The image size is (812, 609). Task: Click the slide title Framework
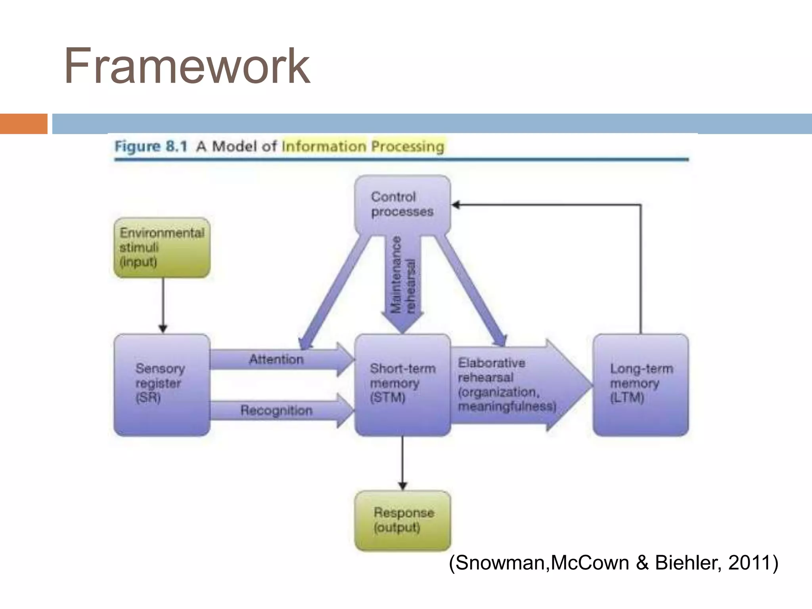click(x=187, y=66)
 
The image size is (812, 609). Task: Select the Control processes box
click(x=402, y=204)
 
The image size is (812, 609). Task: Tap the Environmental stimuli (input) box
click(x=162, y=247)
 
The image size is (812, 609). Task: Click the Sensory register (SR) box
click(x=162, y=384)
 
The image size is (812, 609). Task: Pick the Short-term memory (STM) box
click(x=402, y=384)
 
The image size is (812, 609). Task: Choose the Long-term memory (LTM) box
click(x=641, y=384)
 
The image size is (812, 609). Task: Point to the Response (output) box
click(x=402, y=520)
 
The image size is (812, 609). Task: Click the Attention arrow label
click(x=276, y=360)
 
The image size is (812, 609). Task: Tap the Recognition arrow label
click(x=276, y=410)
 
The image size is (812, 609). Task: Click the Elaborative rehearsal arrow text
click(x=507, y=384)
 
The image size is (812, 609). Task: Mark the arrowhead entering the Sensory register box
click(x=163, y=329)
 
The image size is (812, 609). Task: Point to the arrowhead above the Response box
click(x=402, y=486)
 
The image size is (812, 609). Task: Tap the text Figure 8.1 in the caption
click(x=151, y=147)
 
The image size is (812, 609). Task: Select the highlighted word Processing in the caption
click(x=408, y=147)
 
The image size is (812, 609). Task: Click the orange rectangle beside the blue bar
click(x=23, y=124)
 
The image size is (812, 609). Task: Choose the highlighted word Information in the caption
click(x=324, y=147)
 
